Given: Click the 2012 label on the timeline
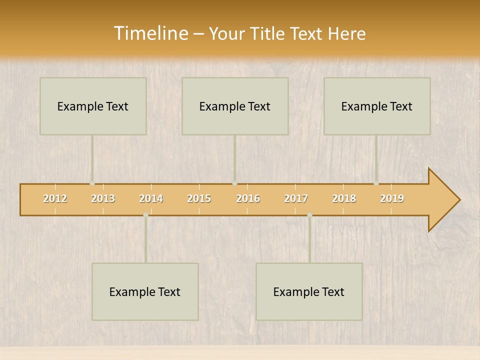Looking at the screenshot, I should tap(55, 198).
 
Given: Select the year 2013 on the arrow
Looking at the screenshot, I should tap(103, 198).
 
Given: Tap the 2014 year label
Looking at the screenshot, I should tap(151, 198).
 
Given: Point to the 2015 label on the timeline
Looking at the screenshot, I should tap(199, 198).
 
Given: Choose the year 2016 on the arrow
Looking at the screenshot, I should tap(248, 198).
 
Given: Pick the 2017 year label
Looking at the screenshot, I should tap(296, 198).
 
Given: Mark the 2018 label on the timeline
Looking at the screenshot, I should tap(344, 198).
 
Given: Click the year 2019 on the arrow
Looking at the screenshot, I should tap(392, 198).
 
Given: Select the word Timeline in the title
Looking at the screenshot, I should tap(150, 33).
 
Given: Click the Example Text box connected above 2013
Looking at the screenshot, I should tap(93, 106).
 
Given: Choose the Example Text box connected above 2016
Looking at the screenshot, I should tap(235, 106).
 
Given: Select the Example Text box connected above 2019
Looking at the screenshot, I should tap(377, 106).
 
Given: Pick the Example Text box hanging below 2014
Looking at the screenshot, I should tap(145, 291).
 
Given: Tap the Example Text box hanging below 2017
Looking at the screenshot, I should tap(309, 291).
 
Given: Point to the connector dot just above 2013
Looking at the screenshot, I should tap(92, 183).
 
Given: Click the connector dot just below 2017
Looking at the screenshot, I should tap(309, 215).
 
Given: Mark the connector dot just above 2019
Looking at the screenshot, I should tap(376, 183).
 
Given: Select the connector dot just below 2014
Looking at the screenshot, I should tap(145, 215).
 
